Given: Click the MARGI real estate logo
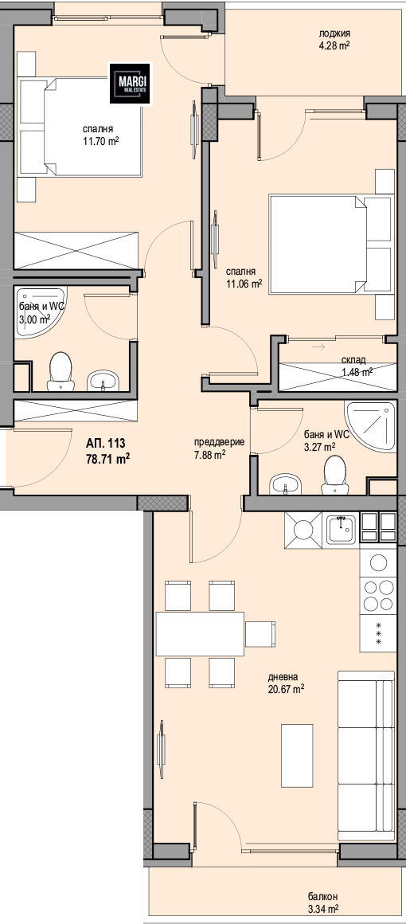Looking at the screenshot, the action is pyautogui.click(x=131, y=84).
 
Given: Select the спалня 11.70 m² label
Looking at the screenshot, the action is pyautogui.click(x=100, y=135).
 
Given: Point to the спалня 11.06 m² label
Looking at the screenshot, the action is pyautogui.click(x=244, y=277).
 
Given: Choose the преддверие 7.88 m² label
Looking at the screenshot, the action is pyautogui.click(x=219, y=448).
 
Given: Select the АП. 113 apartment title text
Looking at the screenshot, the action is pyautogui.click(x=106, y=444).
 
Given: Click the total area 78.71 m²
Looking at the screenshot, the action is pyautogui.click(x=107, y=458).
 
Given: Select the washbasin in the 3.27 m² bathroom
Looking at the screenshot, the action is pyautogui.click(x=285, y=485).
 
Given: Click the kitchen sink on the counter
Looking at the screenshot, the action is pyautogui.click(x=342, y=528).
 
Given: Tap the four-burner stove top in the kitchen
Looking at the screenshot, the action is pyautogui.click(x=377, y=595).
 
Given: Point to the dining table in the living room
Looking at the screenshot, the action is pyautogui.click(x=201, y=633).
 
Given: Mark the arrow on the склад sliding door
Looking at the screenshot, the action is pyautogui.click(x=318, y=347).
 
